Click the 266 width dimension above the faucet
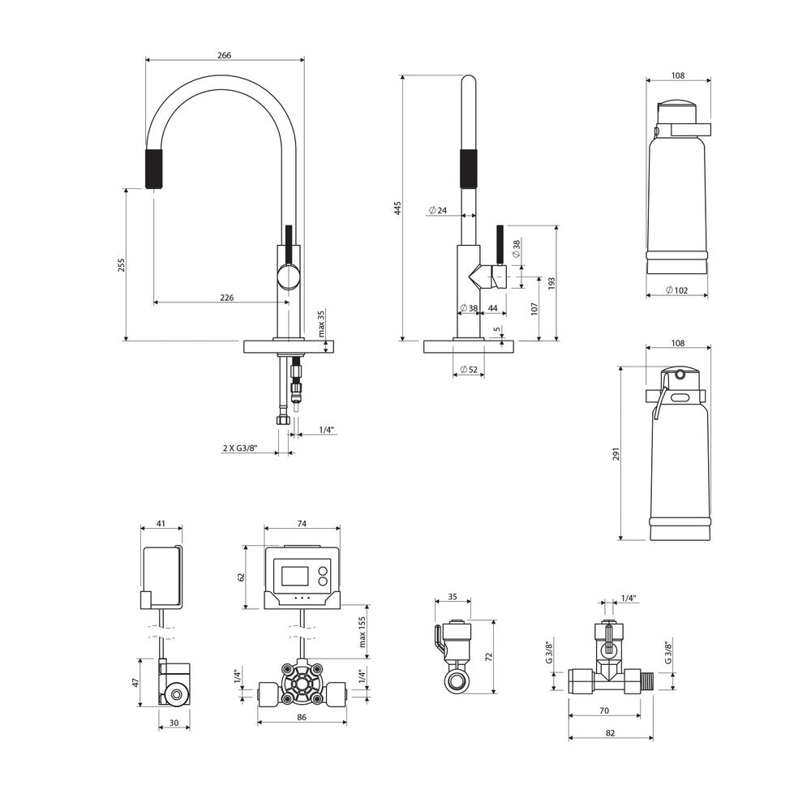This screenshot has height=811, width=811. click(x=224, y=55)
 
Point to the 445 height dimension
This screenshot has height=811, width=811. click(x=397, y=208)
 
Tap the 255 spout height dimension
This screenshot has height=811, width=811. click(x=122, y=265)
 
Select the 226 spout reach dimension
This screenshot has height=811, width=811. click(x=227, y=298)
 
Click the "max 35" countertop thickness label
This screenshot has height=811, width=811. click(x=320, y=324)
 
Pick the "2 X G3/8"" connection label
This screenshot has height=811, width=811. click(x=240, y=448)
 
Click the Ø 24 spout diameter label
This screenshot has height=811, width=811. click(x=438, y=211)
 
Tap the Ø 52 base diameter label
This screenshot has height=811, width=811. click(x=469, y=369)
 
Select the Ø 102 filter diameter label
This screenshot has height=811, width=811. click(x=676, y=290)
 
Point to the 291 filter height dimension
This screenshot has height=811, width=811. click(x=616, y=453)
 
